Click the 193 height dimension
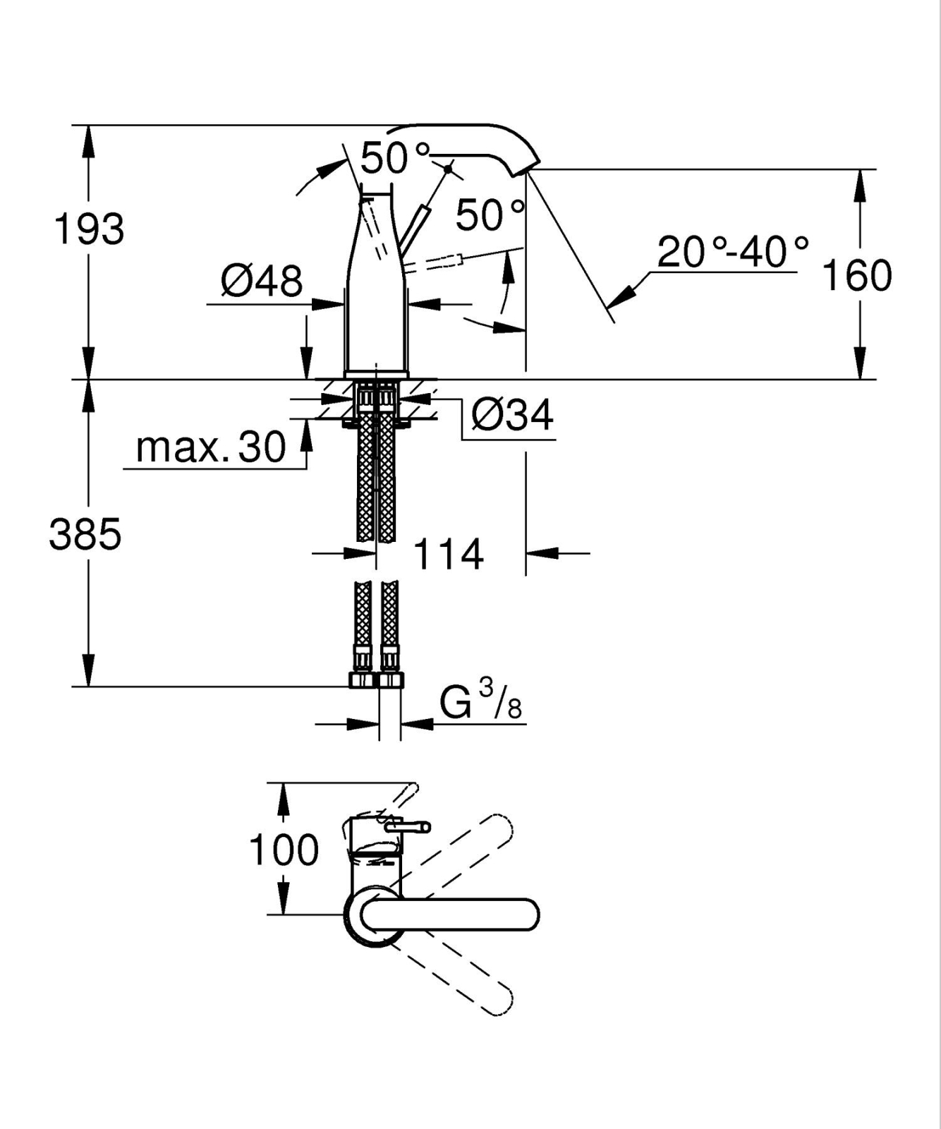[89, 229]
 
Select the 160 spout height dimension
[857, 275]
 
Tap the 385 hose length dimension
[85, 533]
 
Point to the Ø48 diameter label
[262, 281]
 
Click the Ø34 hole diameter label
[513, 414]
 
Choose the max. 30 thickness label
[211, 447]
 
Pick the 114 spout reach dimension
[449, 554]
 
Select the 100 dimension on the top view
[284, 850]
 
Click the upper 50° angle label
[395, 158]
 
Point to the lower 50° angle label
[490, 215]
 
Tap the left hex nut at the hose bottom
[361, 680]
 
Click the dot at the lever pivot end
[448, 169]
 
